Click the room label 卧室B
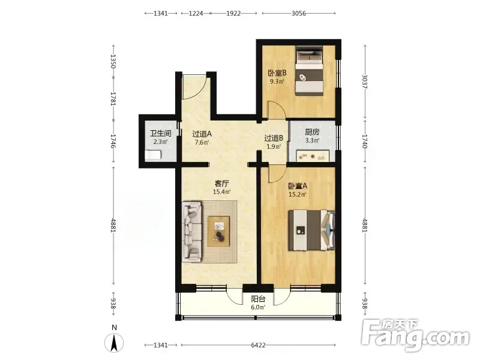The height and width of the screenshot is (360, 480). [277, 73]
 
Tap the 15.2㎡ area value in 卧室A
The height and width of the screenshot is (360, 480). [298, 194]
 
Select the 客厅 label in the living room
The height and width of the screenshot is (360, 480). [221, 184]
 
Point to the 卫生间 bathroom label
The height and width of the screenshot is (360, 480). [160, 133]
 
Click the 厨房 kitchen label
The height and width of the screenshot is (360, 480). [312, 132]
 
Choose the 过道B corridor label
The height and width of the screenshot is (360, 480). [274, 139]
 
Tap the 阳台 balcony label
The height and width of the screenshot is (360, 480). [258, 299]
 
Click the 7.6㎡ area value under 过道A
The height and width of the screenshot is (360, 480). [202, 142]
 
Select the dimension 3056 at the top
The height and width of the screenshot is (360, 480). [298, 13]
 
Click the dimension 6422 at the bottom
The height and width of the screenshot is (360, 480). [258, 346]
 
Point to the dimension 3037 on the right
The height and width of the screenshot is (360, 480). [365, 82]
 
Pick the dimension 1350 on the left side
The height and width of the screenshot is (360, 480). [113, 61]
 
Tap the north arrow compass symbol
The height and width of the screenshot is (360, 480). [114, 343]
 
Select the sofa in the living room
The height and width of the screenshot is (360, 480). [192, 232]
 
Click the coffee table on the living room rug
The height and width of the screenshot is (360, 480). [218, 231]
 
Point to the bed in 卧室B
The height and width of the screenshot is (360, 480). [309, 71]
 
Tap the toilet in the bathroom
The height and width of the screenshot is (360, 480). [153, 155]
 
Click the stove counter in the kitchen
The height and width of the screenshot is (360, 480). [313, 155]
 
